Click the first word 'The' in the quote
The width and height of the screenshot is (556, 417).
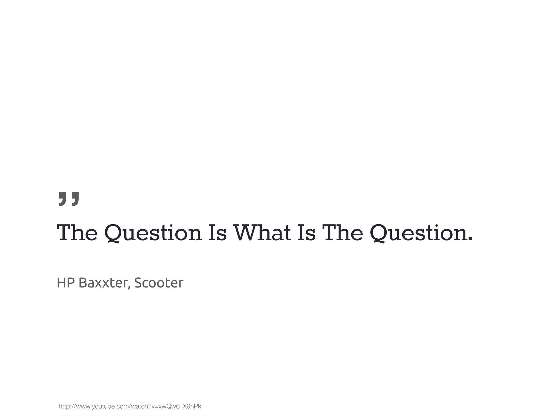tap(77, 233)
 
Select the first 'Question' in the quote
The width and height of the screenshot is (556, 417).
tap(153, 233)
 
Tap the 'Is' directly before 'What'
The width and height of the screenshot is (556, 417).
tap(217, 233)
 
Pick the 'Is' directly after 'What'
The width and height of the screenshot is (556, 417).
tap(307, 233)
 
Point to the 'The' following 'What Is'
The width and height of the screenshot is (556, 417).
tap(342, 233)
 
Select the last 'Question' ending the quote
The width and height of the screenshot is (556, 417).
tap(418, 233)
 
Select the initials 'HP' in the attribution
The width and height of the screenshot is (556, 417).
tap(66, 283)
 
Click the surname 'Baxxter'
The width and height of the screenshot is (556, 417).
tap(102, 283)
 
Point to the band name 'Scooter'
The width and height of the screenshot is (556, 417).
tap(159, 283)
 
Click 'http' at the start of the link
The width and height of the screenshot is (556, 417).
tap(64, 406)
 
